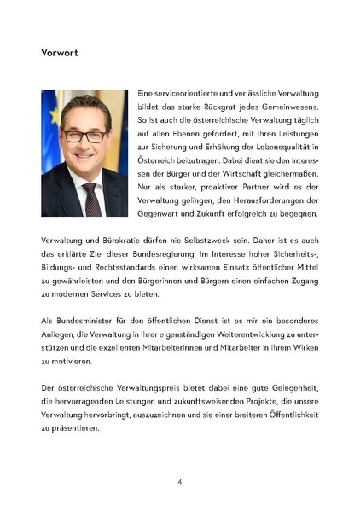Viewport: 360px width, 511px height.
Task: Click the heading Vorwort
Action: pos(61,53)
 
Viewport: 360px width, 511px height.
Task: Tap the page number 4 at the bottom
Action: pos(179,482)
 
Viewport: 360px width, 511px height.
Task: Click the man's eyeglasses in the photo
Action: pos(84,135)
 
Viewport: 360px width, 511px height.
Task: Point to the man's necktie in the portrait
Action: pos(91,198)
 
